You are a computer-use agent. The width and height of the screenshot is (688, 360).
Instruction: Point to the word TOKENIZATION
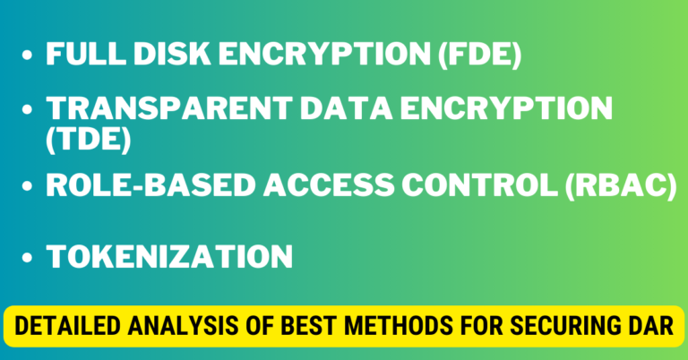[x=169, y=257]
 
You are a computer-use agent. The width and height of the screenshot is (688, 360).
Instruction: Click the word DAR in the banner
[x=644, y=326]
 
